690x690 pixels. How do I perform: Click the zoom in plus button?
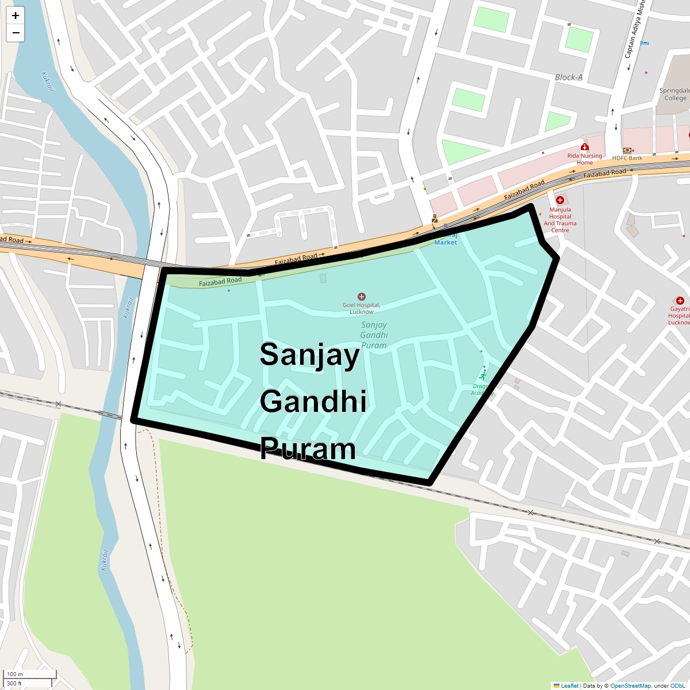point(16,16)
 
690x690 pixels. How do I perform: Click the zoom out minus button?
point(16,33)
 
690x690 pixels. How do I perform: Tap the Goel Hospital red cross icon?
point(362,297)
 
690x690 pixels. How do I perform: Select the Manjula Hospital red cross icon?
point(559,200)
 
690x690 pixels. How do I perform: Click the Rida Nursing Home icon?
point(585,147)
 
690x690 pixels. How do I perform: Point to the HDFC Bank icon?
point(627,150)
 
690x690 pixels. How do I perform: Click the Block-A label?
point(569,77)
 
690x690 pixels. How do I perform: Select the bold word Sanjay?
point(309,355)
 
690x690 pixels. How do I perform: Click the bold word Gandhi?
point(313,401)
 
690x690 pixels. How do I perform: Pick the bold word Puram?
point(308,449)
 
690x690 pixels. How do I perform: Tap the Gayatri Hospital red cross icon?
point(680,301)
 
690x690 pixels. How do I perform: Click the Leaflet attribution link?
point(569,685)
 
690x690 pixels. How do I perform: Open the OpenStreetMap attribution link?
point(630,685)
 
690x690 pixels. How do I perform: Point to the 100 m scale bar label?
point(16,674)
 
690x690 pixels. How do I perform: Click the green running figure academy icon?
point(482,377)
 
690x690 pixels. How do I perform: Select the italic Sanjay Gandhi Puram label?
point(374,335)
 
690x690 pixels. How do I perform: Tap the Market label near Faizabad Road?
point(446,242)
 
